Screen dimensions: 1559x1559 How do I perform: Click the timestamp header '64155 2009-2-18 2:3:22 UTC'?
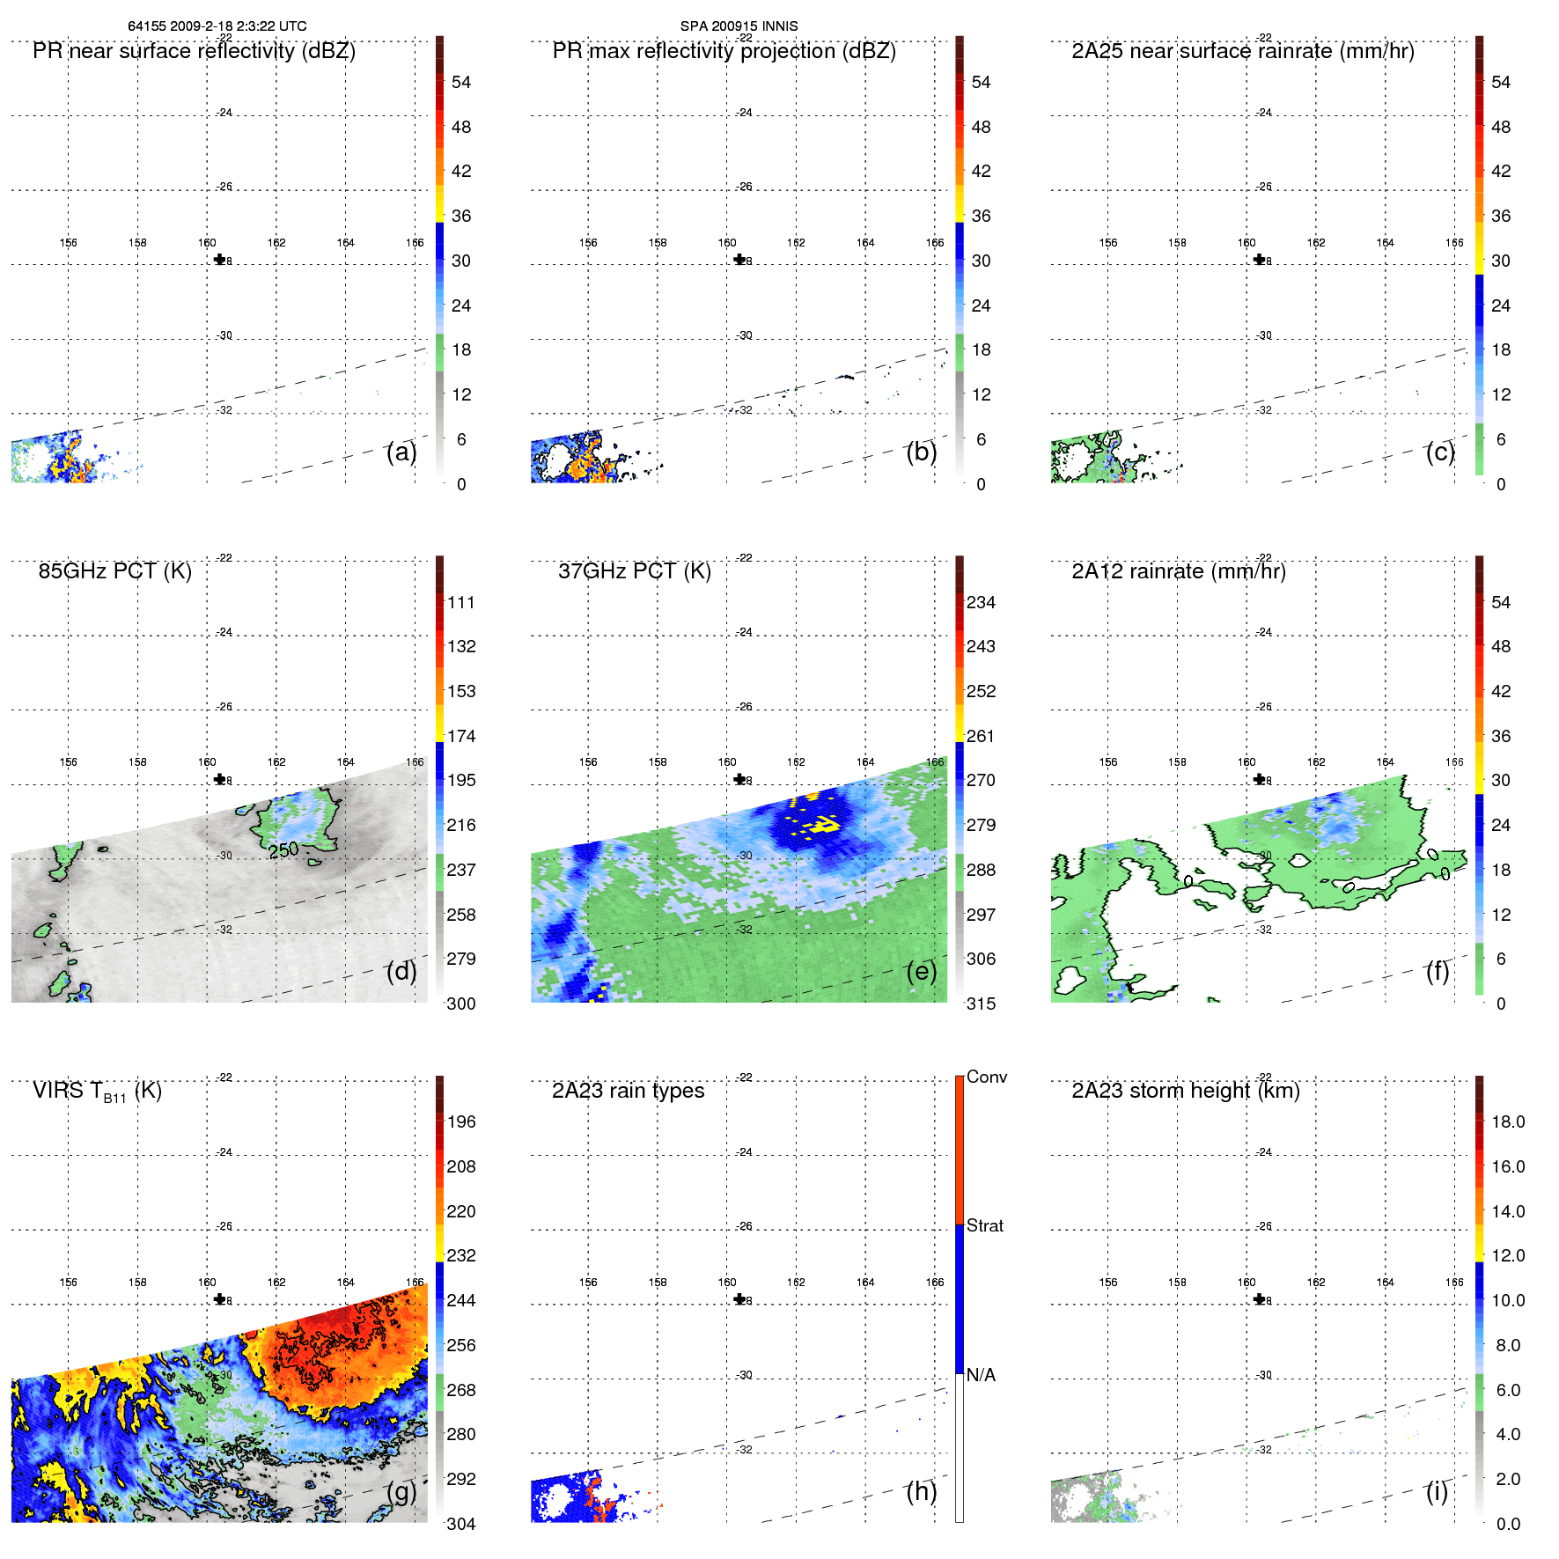click(x=217, y=26)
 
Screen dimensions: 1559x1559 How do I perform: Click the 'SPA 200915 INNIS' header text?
click(x=739, y=26)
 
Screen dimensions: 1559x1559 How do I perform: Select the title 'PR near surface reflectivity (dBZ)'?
click(x=194, y=51)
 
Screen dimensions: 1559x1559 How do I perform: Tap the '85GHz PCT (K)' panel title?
click(x=114, y=571)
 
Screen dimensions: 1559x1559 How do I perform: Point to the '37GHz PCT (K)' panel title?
click(x=634, y=571)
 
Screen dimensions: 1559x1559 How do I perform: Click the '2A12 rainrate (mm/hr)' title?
click(x=1179, y=571)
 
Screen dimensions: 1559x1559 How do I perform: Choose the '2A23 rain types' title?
click(x=628, y=1091)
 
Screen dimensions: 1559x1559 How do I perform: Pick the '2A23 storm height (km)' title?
click(x=1185, y=1091)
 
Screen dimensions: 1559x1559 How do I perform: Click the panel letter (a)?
click(x=401, y=452)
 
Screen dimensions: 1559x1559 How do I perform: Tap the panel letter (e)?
click(x=921, y=971)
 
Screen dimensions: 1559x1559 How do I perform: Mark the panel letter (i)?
click(x=1437, y=1491)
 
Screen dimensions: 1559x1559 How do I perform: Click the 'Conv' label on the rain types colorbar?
click(x=986, y=1077)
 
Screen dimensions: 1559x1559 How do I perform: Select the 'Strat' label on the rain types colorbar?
click(x=984, y=1225)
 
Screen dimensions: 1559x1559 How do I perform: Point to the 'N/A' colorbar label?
click(x=981, y=1375)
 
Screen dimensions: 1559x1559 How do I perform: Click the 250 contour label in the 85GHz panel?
click(x=283, y=850)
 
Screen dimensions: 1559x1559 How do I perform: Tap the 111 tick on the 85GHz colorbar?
click(x=460, y=602)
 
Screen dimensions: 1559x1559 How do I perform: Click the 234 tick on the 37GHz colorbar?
click(x=981, y=602)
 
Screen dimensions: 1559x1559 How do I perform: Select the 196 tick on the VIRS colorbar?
click(x=460, y=1121)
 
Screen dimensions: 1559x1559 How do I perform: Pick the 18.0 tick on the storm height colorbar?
click(x=1507, y=1121)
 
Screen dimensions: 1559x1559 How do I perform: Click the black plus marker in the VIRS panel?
click(x=220, y=1299)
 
